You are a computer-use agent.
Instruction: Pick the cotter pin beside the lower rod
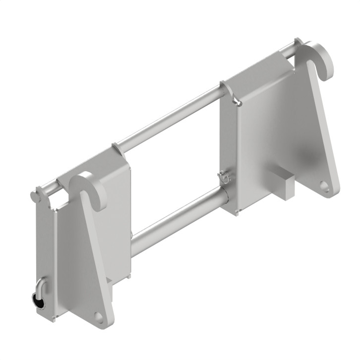pyautogui.click(x=224, y=176)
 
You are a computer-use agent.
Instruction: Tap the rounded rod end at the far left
pyautogui.click(x=36, y=195)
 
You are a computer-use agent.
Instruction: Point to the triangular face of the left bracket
pyautogui.click(x=87, y=258)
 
